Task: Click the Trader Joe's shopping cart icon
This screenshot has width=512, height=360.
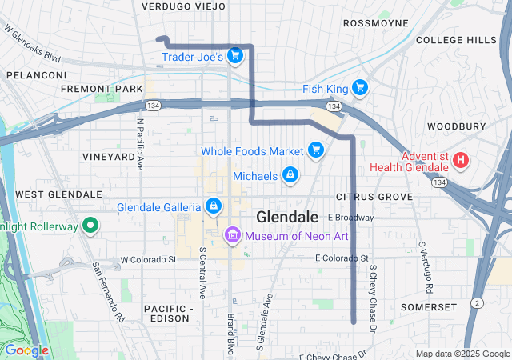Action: pos(234,55)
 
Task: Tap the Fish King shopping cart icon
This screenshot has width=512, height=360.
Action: pos(360,88)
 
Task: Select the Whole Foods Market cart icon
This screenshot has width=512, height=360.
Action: pos(315,150)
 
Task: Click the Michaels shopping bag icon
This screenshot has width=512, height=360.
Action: pos(290,174)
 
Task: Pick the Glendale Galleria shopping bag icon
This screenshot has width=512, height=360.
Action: pos(213,207)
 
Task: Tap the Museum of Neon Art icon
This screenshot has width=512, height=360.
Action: pos(233,235)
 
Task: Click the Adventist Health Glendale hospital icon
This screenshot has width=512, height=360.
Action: pos(460,160)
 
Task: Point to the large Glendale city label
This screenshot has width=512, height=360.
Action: pos(287,218)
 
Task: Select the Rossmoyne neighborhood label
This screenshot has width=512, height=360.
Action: pos(376,23)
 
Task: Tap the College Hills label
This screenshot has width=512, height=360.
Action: pos(456,40)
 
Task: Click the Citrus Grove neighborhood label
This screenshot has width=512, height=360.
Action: pos(374,196)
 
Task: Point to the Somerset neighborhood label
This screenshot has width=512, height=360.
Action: pos(428,307)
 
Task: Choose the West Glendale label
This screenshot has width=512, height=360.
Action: pos(58,194)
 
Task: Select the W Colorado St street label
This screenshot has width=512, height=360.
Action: pos(148,260)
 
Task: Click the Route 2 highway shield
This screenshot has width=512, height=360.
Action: pos(477,302)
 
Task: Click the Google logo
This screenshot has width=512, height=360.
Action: pos(26,350)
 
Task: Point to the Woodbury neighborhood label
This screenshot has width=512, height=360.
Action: pos(456,126)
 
